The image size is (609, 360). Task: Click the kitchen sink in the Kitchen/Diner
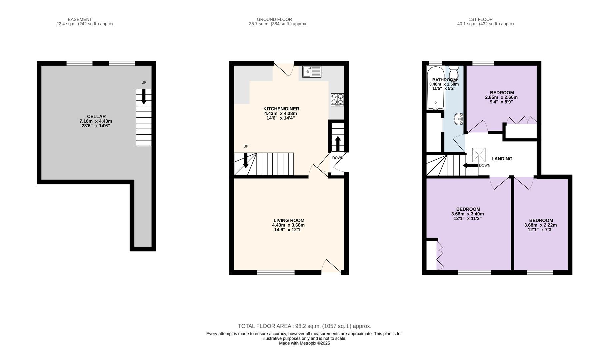[312, 72]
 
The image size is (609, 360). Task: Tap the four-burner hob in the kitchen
[337, 100]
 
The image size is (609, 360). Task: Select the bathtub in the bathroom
[436, 88]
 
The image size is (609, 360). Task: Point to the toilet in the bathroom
[454, 72]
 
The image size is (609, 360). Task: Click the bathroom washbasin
[459, 119]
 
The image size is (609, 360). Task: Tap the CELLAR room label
[96, 117]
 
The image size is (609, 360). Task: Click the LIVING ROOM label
[289, 220]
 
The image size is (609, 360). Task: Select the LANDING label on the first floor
[502, 159]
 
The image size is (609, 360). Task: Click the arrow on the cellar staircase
[144, 97]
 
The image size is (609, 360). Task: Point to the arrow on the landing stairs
[470, 165]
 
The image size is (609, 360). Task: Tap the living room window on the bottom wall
[276, 272]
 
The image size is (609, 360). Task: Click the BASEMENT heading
[80, 19]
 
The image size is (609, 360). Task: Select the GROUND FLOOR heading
[274, 19]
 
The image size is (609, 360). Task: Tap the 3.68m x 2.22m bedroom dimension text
[541, 225]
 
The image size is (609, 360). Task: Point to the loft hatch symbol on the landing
[479, 155]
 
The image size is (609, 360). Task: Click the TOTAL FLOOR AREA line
[305, 326]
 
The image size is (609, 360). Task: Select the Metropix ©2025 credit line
[304, 343]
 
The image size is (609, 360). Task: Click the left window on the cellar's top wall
[79, 63]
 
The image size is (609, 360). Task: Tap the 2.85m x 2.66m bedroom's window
[483, 63]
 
